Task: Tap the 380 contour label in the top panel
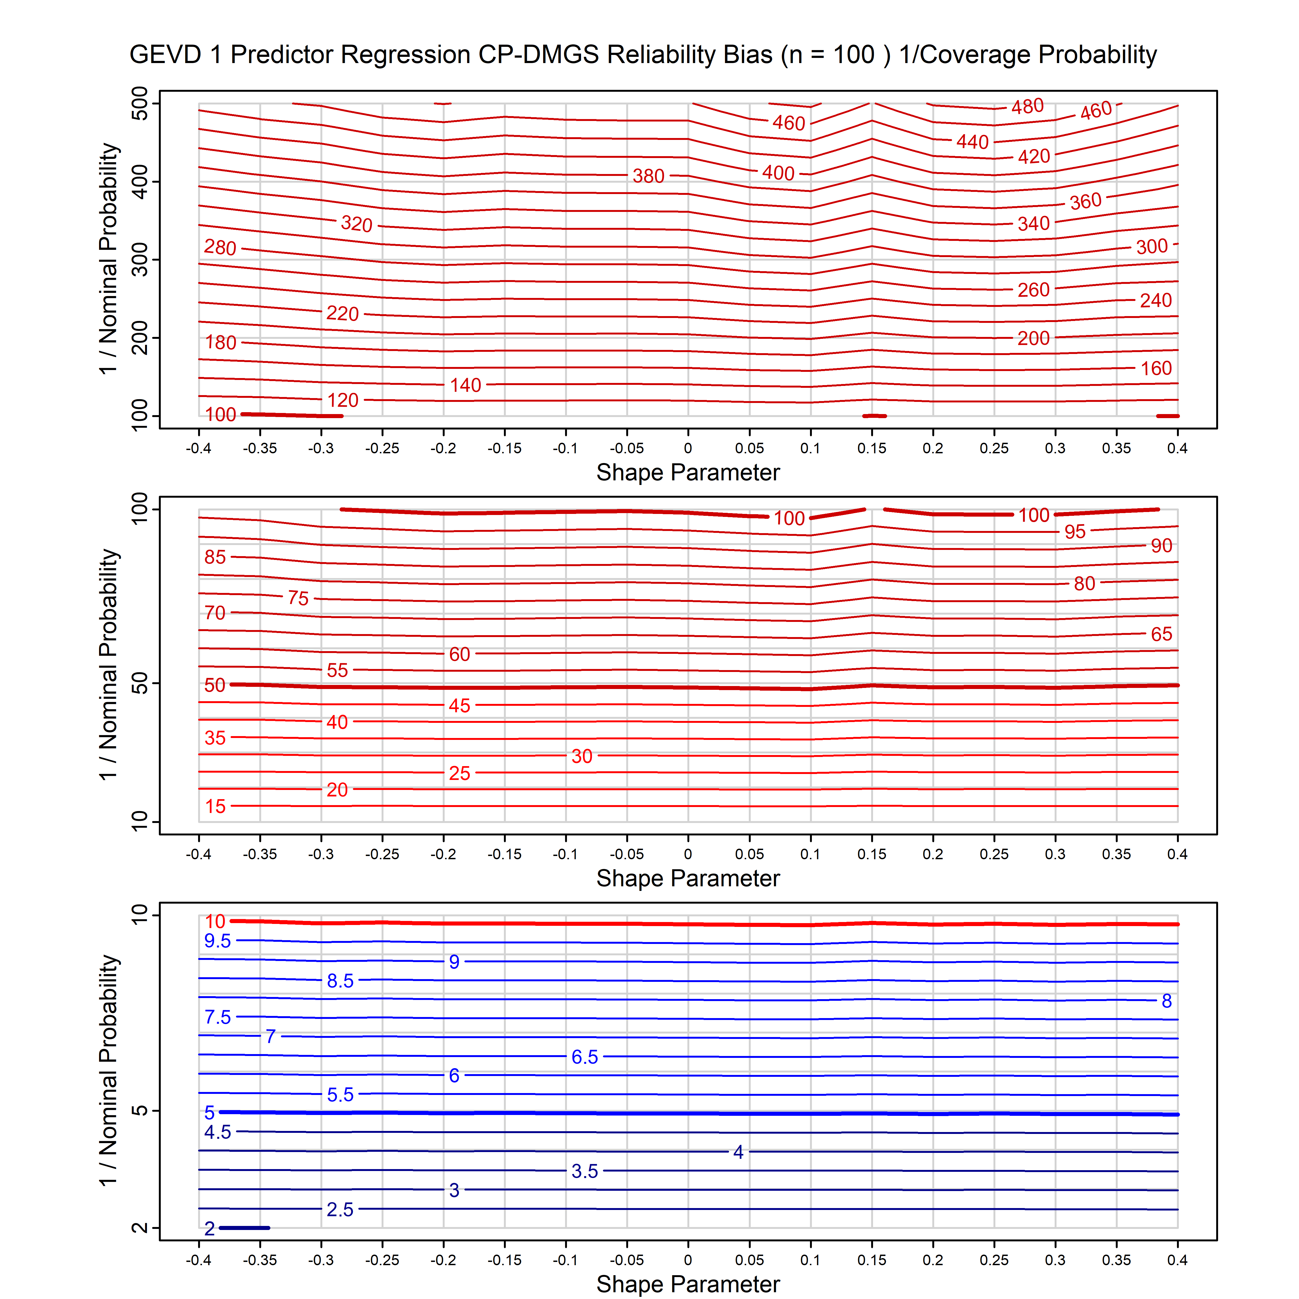point(648,176)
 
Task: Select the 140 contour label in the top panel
point(465,385)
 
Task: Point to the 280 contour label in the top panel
point(220,247)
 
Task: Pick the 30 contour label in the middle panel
point(582,756)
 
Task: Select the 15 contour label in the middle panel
point(215,806)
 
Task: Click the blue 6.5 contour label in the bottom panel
point(584,1057)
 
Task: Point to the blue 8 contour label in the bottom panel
point(1167,1001)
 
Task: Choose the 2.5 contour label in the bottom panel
point(340,1210)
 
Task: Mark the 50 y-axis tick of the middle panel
point(140,684)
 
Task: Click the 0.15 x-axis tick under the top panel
point(871,448)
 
